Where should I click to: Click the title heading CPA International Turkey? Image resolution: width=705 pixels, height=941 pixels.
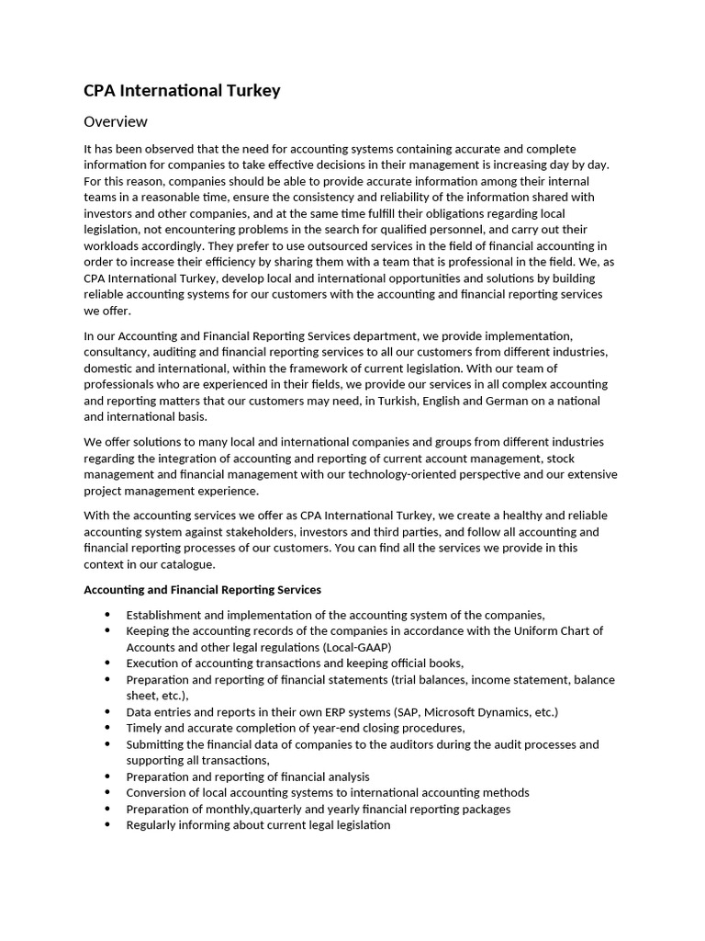(x=182, y=90)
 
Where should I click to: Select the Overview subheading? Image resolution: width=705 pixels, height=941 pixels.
(x=115, y=121)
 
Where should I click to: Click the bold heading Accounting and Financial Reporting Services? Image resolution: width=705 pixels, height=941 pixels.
(x=202, y=589)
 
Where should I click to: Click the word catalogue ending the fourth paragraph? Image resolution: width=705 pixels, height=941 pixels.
(x=185, y=564)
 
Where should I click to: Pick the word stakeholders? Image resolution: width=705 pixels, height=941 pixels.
(x=301, y=532)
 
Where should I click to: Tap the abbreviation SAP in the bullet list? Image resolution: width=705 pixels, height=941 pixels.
(x=406, y=712)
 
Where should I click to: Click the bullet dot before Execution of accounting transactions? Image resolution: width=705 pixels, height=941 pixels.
(x=108, y=663)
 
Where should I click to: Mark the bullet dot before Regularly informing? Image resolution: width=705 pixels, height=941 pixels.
(x=108, y=824)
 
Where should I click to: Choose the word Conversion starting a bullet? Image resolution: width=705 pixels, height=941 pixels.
(x=157, y=792)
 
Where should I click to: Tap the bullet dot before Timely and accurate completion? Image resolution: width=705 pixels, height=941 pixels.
(x=108, y=728)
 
